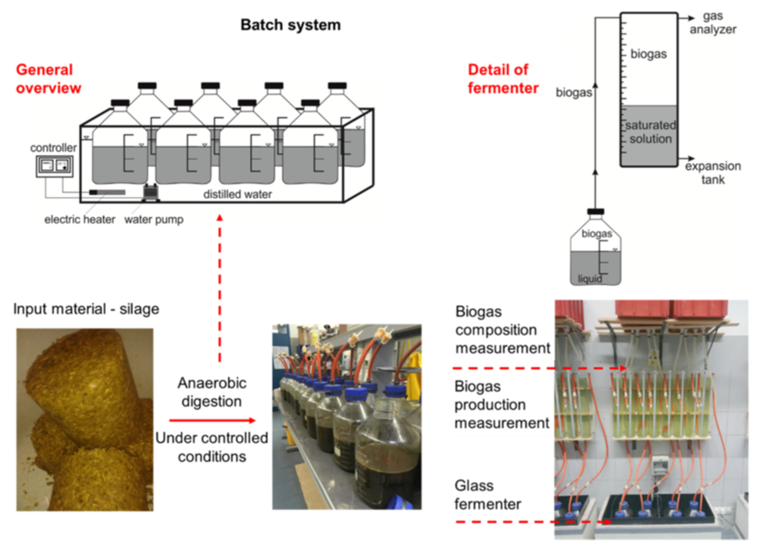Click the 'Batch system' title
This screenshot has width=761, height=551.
290,25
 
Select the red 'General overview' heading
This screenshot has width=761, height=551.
48,79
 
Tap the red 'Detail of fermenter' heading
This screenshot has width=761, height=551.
502,79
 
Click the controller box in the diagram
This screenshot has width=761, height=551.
54,166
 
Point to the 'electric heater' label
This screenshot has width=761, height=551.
79,219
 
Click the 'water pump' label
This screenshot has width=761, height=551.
154,219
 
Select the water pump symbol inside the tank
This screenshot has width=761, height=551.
151,192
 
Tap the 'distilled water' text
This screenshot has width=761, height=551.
237,194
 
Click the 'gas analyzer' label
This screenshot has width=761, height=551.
713,23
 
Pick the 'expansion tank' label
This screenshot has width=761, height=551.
713,173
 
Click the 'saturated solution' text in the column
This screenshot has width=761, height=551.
650,132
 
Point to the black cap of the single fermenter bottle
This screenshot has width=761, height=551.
595,212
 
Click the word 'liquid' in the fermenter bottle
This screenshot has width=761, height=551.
590,279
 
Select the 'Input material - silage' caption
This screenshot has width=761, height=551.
86,309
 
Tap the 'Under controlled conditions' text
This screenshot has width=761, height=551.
212,447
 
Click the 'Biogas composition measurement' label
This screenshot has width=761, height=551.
502,330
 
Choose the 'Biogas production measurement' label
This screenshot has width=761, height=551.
501,404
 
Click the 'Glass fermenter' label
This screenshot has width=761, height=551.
487,495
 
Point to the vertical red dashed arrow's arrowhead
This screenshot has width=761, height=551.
220,218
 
